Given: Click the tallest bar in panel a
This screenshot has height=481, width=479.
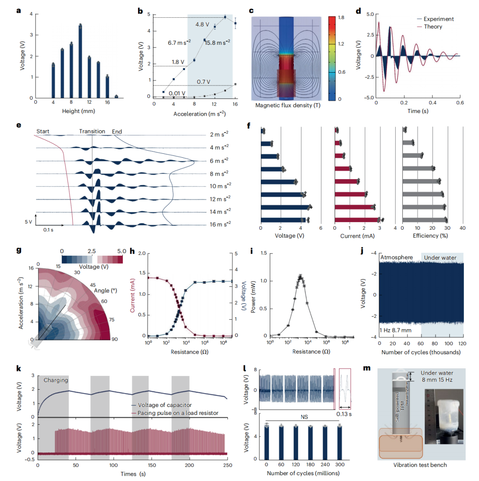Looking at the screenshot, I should click(x=80, y=62).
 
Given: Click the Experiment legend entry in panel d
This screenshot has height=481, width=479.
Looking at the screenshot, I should click(x=438, y=20).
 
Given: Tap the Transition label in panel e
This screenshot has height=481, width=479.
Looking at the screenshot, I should click(x=92, y=131).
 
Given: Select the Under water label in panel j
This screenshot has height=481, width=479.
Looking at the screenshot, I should click(x=440, y=257).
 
